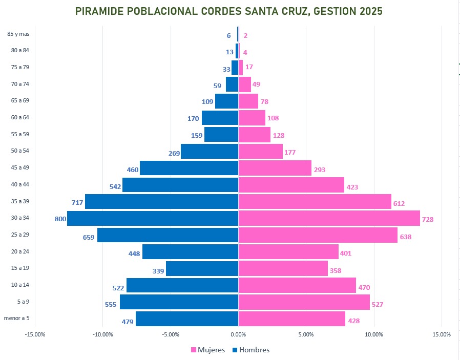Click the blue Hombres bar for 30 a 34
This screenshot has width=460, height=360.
[x=153, y=218]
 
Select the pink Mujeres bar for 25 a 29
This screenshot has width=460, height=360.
[x=318, y=235]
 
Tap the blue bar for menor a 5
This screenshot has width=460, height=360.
[x=187, y=319]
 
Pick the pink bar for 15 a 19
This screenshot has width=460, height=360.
[x=283, y=268]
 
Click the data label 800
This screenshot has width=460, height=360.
[x=60, y=219]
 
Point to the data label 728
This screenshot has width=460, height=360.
[x=428, y=219]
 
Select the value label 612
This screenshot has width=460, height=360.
[x=399, y=203]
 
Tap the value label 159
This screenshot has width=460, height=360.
[x=197, y=136]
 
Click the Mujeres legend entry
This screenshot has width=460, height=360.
[x=208, y=350]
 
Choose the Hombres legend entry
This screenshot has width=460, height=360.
[x=251, y=350]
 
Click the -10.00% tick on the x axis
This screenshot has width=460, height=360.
[x=102, y=334]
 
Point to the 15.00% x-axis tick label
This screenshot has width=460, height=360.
[x=442, y=334]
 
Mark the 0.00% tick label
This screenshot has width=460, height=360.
[x=238, y=334]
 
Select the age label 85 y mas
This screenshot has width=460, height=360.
[x=18, y=34]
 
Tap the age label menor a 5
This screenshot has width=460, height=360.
[x=17, y=318]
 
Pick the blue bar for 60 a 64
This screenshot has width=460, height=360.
[x=220, y=118]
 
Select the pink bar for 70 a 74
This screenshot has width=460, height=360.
[x=244, y=84]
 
